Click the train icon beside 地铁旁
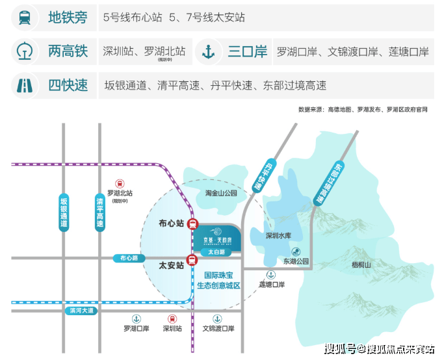(x=24, y=18)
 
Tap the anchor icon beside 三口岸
(x=208, y=51)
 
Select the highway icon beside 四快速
(x=24, y=85)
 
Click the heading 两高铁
(x=67, y=51)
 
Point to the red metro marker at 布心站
(x=192, y=224)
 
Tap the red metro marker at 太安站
(x=192, y=260)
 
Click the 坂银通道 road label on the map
(x=63, y=211)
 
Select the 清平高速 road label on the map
(x=99, y=211)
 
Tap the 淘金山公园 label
(x=221, y=193)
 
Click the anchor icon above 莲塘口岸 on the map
(x=271, y=275)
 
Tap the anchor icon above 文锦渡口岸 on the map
(x=218, y=318)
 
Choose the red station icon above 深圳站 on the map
(x=172, y=318)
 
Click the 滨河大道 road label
(x=82, y=311)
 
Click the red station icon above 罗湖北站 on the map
(x=120, y=184)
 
